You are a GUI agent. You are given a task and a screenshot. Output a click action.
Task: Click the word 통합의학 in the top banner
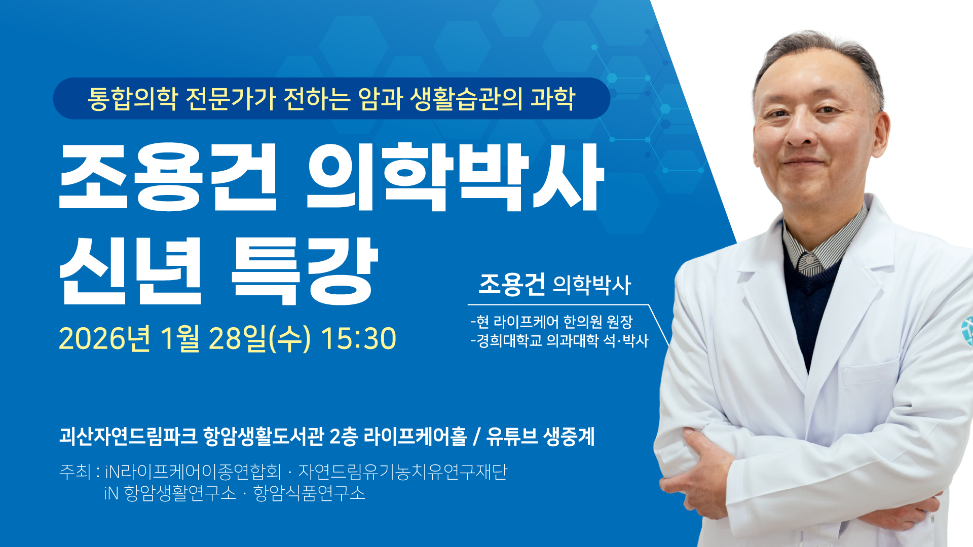pos(132,98)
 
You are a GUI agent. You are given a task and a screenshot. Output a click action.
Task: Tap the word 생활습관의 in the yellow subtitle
pos(466,98)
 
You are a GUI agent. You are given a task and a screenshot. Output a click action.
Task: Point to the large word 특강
pos(305,270)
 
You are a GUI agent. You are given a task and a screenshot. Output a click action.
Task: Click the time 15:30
pos(358,338)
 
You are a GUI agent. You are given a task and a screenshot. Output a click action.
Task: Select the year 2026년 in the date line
pos(104,338)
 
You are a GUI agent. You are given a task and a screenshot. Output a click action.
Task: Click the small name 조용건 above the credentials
pos(512,284)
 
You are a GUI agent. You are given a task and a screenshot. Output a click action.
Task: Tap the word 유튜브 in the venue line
pos(512,436)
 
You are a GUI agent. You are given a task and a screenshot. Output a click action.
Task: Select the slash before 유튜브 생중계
pos(476,437)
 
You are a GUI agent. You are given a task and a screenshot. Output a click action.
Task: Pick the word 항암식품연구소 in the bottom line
pos(309,493)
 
